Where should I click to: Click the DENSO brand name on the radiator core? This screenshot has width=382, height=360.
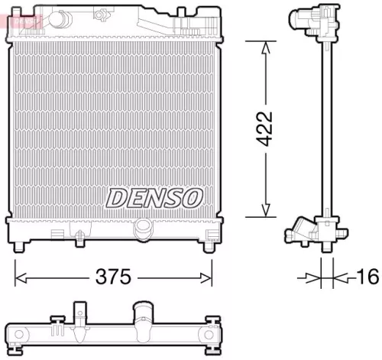(x=154, y=197)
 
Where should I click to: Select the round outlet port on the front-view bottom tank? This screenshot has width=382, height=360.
(x=142, y=229)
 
